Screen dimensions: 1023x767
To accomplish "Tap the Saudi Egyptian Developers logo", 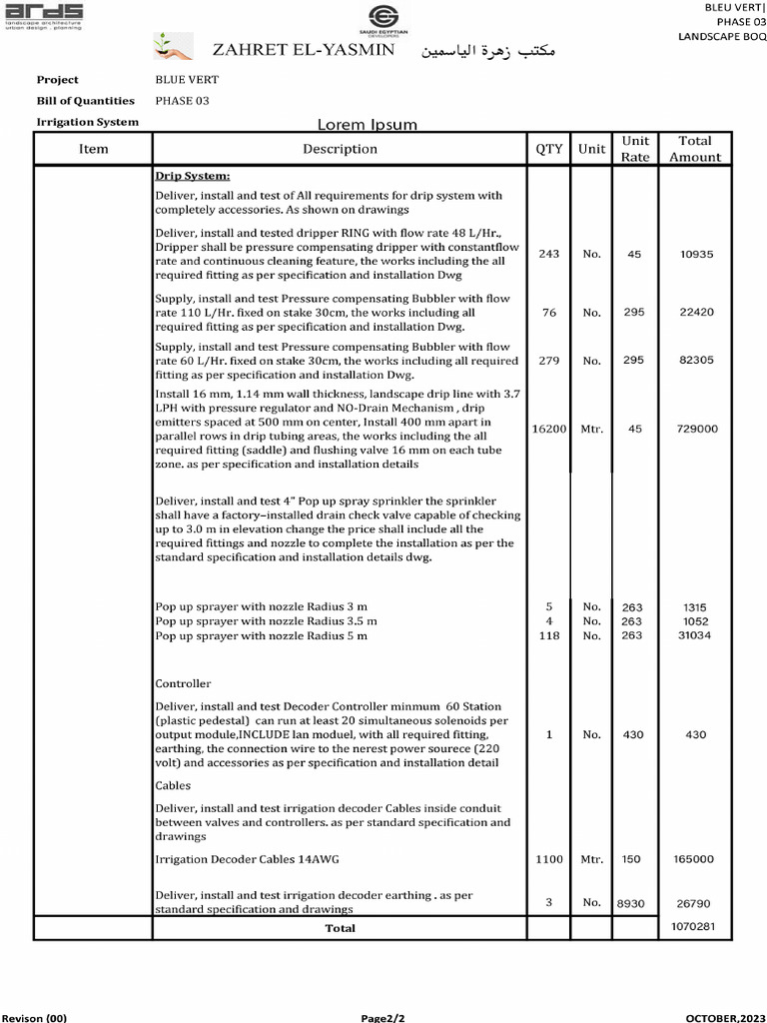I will coord(383,19).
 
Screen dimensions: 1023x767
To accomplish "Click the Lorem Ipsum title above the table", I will coord(367,125).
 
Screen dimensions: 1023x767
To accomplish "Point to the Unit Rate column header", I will coord(634,149).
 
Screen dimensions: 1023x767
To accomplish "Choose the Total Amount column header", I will coord(694,149).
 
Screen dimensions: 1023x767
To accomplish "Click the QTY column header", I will coord(548,149).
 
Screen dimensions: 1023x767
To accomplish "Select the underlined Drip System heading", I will coord(193,176).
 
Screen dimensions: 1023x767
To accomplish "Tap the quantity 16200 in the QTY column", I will coord(548,429).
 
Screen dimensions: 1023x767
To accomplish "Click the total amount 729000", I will coord(696,429).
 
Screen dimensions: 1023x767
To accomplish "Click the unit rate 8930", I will coord(631,903).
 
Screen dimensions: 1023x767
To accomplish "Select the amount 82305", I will coord(696,360).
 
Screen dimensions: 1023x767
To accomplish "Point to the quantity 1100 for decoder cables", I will coord(548,859).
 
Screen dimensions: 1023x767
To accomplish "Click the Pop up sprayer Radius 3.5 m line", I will coord(267,621).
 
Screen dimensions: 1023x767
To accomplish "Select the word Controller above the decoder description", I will coord(183,684).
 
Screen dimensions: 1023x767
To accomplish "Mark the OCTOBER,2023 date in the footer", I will coord(725,1017).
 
